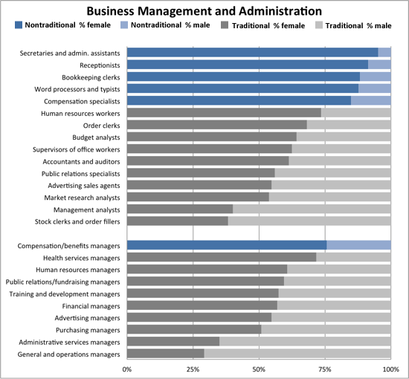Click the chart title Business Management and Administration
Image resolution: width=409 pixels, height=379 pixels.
coord(204,11)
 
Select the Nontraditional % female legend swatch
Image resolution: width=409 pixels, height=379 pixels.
coord(19,25)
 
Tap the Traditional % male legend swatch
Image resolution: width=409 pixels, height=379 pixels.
coord(319,25)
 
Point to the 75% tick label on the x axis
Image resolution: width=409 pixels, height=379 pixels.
coord(325,369)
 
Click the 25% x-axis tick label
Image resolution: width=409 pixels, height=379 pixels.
coord(193,369)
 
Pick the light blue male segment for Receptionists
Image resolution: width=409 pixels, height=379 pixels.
coord(379,65)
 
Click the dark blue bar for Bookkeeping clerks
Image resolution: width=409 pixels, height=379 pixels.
coord(244,77)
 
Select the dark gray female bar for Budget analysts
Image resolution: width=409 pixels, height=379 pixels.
coord(212,137)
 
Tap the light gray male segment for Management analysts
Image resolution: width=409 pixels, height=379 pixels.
coord(312,209)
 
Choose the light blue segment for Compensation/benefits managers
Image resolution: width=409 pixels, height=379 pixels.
coord(359,245)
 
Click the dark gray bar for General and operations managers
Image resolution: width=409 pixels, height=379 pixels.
coord(166,354)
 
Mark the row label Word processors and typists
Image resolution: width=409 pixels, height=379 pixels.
coord(77,89)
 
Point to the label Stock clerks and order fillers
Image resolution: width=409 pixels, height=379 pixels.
coord(77,221)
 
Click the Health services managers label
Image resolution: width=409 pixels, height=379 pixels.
coord(82,258)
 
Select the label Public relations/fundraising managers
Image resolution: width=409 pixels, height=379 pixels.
coord(63,282)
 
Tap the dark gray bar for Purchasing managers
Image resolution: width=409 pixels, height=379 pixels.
coord(194,329)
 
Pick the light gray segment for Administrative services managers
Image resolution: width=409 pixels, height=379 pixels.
coord(305,341)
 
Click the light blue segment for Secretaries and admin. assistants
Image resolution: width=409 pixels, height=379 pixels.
coord(384,53)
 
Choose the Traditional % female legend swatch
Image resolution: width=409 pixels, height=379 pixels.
coord(225,25)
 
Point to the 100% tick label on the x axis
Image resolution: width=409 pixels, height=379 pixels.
coord(391,369)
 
